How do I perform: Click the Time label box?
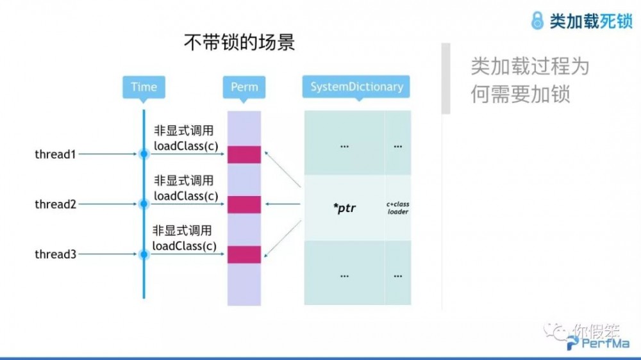pyautogui.click(x=144, y=87)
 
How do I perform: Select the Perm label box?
pyautogui.click(x=244, y=87)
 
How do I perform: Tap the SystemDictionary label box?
pyautogui.click(x=356, y=87)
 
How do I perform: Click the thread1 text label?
pyautogui.click(x=55, y=154)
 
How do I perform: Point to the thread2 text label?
pyautogui.click(x=55, y=204)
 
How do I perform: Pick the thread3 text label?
pyautogui.click(x=55, y=254)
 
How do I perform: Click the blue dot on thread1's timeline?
pyautogui.click(x=144, y=154)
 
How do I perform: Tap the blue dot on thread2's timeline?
pyautogui.click(x=144, y=204)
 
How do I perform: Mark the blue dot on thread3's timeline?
pyautogui.click(x=144, y=254)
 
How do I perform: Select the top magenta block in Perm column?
pyautogui.click(x=244, y=154)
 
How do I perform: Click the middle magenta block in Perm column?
pyautogui.click(x=244, y=204)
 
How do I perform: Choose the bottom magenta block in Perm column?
pyautogui.click(x=244, y=254)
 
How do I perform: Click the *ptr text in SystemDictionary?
pyautogui.click(x=344, y=208)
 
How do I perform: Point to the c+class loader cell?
pyautogui.click(x=398, y=208)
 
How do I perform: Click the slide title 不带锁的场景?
pyautogui.click(x=239, y=44)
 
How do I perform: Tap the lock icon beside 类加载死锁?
pyautogui.click(x=537, y=20)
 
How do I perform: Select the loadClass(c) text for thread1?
pyautogui.click(x=185, y=146)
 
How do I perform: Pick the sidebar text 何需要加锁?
pyautogui.click(x=520, y=94)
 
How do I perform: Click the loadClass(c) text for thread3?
pyautogui.click(x=184, y=246)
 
